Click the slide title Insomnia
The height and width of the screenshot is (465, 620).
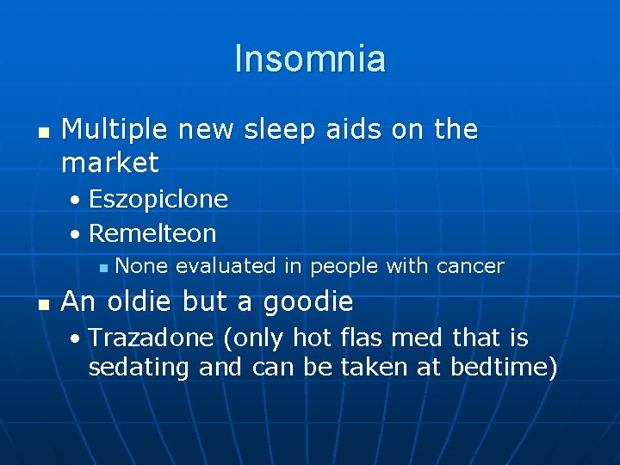pos(310,59)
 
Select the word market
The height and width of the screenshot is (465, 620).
pos(110,163)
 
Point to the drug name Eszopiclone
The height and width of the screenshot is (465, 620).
pos(158,200)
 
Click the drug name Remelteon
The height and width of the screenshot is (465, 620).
pos(152,233)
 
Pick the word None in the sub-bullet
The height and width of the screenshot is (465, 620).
pos(141,267)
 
